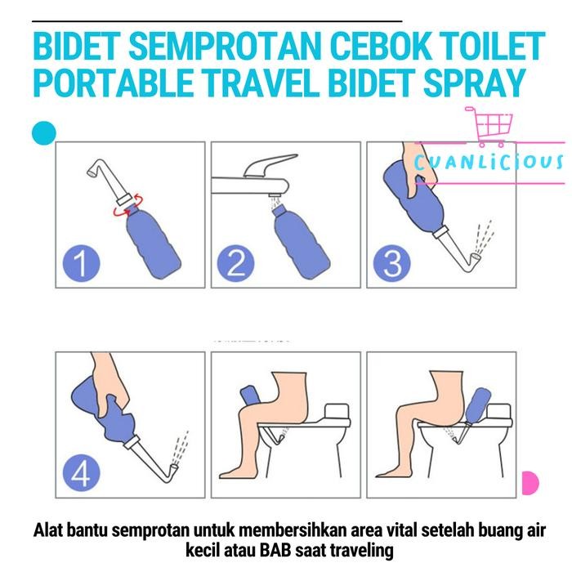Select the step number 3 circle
pyautogui.click(x=388, y=263)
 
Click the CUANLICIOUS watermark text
pyautogui.click(x=489, y=161)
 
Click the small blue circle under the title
pyautogui.click(x=43, y=132)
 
